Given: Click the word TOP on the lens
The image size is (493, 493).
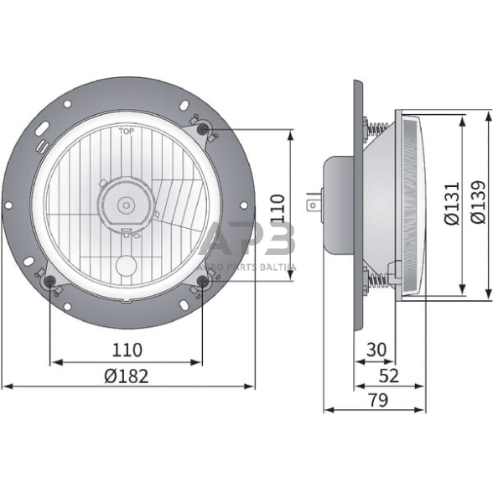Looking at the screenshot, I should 127,132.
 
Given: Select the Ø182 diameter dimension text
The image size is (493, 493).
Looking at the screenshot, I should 127,376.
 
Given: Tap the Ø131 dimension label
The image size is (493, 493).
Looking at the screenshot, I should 451,205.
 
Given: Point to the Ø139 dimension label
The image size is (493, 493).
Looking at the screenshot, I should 477,205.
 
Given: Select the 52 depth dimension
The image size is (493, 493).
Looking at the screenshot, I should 389,376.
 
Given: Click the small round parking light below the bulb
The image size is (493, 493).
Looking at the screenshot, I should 127,266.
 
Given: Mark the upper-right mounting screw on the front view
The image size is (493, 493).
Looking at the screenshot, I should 203,128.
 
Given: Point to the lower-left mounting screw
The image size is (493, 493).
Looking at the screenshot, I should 51,281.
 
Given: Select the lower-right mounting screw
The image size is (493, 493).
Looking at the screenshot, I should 203,281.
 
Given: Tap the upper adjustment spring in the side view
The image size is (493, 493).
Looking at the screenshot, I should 376,131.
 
